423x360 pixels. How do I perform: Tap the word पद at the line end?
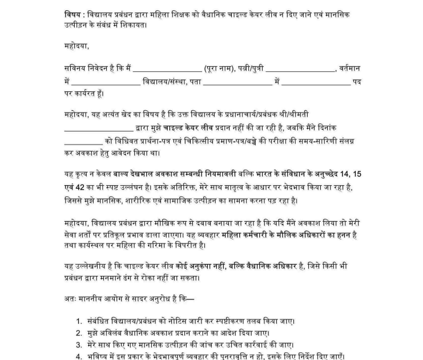357,81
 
